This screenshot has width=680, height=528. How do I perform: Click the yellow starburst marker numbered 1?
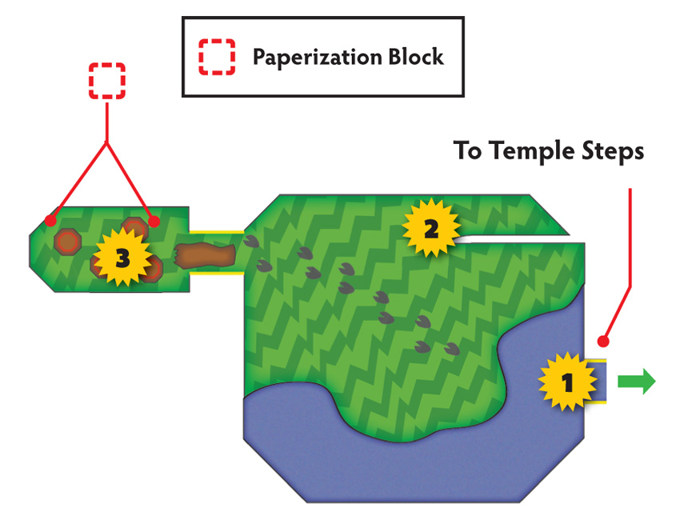pyautogui.click(x=567, y=382)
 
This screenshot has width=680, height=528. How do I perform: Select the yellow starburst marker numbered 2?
pyautogui.click(x=430, y=228)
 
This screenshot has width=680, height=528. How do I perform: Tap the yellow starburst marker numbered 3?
pyautogui.click(x=122, y=258)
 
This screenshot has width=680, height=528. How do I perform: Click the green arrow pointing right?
pyautogui.click(x=636, y=382)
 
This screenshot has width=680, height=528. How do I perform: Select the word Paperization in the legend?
pyautogui.click(x=317, y=58)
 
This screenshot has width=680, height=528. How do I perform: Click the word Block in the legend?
pyautogui.click(x=416, y=57)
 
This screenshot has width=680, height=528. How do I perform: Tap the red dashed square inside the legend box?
pyautogui.click(x=217, y=57)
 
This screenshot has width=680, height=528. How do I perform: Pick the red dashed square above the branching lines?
pyautogui.click(x=107, y=81)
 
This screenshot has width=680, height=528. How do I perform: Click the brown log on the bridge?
pyautogui.click(x=205, y=255)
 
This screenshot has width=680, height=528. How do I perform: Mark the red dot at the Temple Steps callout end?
pyautogui.click(x=603, y=342)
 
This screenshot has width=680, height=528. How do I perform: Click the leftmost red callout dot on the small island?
pyautogui.click(x=50, y=221)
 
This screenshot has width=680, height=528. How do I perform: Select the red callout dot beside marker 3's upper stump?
pyautogui.click(x=154, y=222)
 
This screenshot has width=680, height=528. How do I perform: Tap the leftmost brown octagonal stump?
pyautogui.click(x=68, y=242)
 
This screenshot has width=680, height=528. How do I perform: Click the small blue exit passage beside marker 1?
pyautogui.click(x=596, y=381)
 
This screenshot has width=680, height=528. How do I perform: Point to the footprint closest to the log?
pyautogui.click(x=251, y=242)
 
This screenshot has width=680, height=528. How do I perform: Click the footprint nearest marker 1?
pyautogui.click(x=452, y=349)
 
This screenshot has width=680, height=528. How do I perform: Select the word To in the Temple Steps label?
pyautogui.click(x=467, y=150)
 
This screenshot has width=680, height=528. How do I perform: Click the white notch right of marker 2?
pyautogui.click(x=516, y=239)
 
